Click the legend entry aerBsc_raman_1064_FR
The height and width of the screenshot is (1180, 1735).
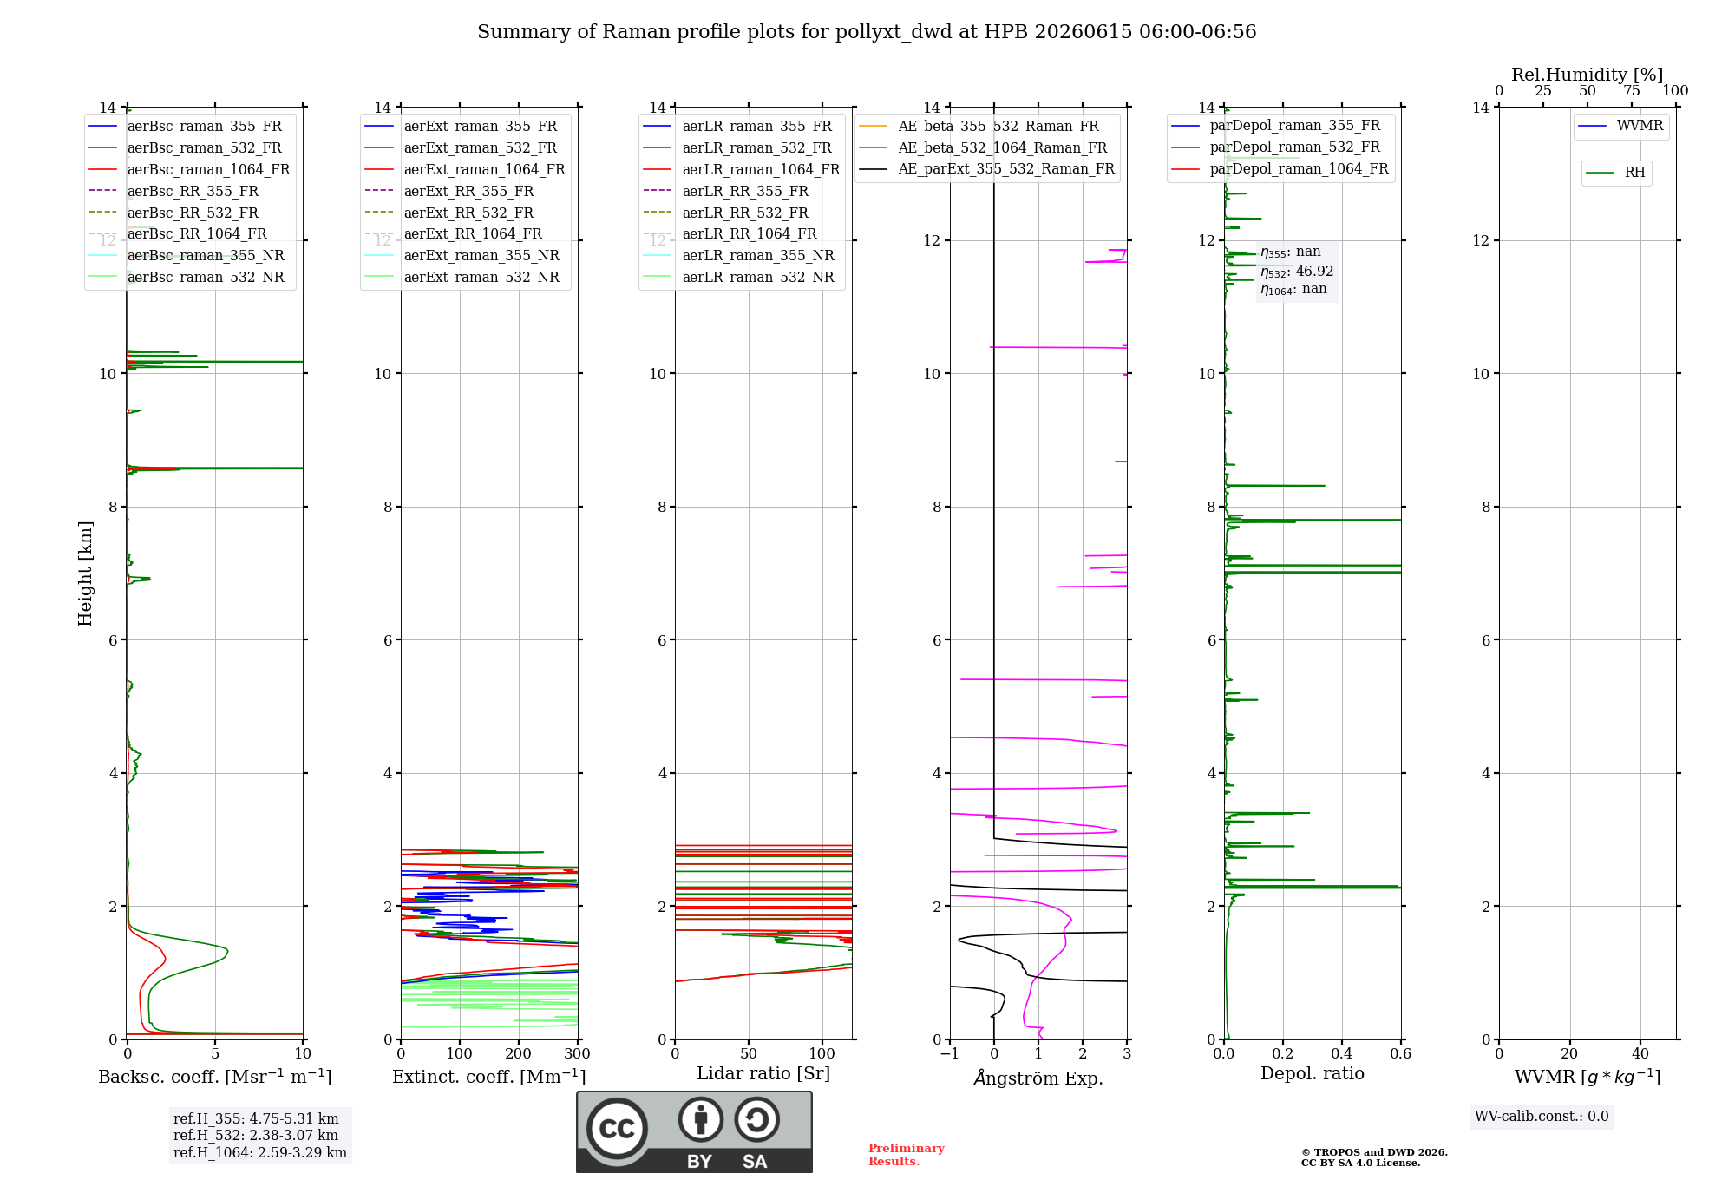tap(189, 170)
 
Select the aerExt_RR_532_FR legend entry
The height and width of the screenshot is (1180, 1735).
tap(448, 213)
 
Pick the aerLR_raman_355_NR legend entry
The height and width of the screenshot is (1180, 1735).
tap(738, 256)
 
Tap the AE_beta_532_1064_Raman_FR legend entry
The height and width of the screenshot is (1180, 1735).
tap(983, 148)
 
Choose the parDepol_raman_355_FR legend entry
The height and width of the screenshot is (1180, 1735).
tap(1275, 126)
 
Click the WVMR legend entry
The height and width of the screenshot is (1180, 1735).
tap(1620, 126)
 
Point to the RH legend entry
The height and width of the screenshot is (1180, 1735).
tap(1616, 173)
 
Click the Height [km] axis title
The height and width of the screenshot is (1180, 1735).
tap(85, 574)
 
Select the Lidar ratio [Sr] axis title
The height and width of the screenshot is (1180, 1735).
tap(763, 1073)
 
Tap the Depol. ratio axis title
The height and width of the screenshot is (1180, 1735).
tap(1313, 1073)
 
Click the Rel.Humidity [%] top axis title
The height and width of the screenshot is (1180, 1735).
tap(1588, 75)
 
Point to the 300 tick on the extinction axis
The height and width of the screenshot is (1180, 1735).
tap(578, 1054)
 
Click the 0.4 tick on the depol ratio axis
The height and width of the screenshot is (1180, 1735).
tap(1342, 1054)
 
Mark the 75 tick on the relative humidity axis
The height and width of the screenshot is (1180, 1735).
tap(1632, 91)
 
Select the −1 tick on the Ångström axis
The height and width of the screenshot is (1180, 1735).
tap(950, 1054)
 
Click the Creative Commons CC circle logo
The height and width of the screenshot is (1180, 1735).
tap(617, 1129)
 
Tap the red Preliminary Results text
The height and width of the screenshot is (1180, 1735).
tap(907, 1155)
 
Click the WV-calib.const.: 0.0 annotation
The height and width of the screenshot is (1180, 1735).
tap(1542, 1117)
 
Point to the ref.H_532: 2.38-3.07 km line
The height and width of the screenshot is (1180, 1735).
tap(256, 1136)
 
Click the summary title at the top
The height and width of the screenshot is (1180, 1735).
tap(867, 32)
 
